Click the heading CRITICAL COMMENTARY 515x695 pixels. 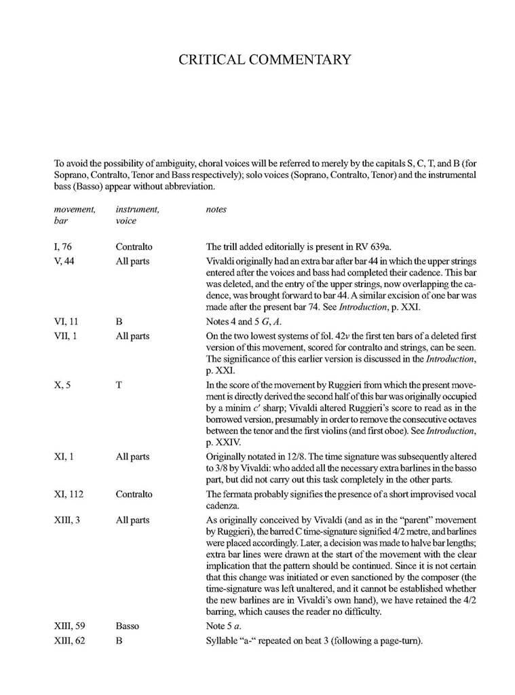(x=264, y=60)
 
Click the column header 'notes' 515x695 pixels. (x=216, y=210)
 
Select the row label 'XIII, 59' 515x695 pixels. (x=72, y=626)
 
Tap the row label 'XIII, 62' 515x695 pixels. (x=72, y=639)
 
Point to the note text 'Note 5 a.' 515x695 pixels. (x=225, y=626)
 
